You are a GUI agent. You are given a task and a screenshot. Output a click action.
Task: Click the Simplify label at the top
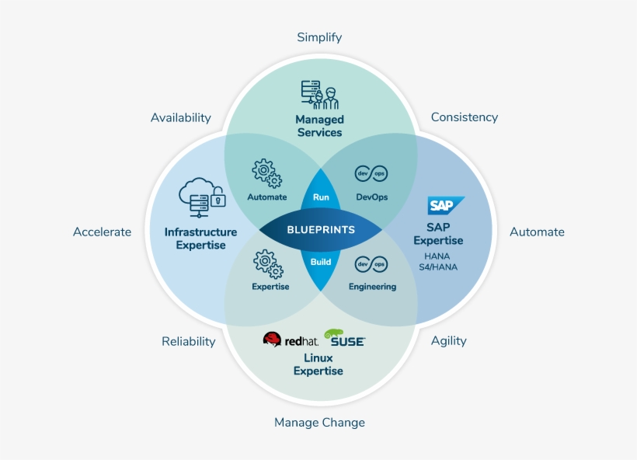[319, 37]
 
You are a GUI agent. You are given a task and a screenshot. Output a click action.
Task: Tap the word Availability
[181, 117]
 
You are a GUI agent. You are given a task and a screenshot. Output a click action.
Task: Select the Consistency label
[465, 117]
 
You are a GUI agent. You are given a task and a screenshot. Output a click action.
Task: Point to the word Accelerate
[103, 232]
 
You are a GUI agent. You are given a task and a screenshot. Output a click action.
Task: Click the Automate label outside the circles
[537, 232]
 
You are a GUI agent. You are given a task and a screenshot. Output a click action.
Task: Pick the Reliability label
[189, 341]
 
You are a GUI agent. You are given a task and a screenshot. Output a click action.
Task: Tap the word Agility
[449, 340]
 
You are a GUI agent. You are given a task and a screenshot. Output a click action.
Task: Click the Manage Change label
[319, 422]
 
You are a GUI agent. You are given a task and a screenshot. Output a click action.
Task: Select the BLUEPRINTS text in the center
[321, 230]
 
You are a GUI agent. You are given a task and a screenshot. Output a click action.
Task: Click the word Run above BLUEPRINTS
[321, 197]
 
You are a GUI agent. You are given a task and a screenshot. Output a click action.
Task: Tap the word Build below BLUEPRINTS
[321, 262]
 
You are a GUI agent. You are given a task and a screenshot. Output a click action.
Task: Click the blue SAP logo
[446, 206]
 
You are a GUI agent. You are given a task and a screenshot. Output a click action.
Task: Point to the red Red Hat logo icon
[272, 340]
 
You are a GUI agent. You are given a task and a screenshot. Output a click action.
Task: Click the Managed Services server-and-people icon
[319, 95]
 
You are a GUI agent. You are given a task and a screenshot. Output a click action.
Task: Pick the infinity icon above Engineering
[371, 265]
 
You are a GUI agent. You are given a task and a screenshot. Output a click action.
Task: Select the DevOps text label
[371, 197]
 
